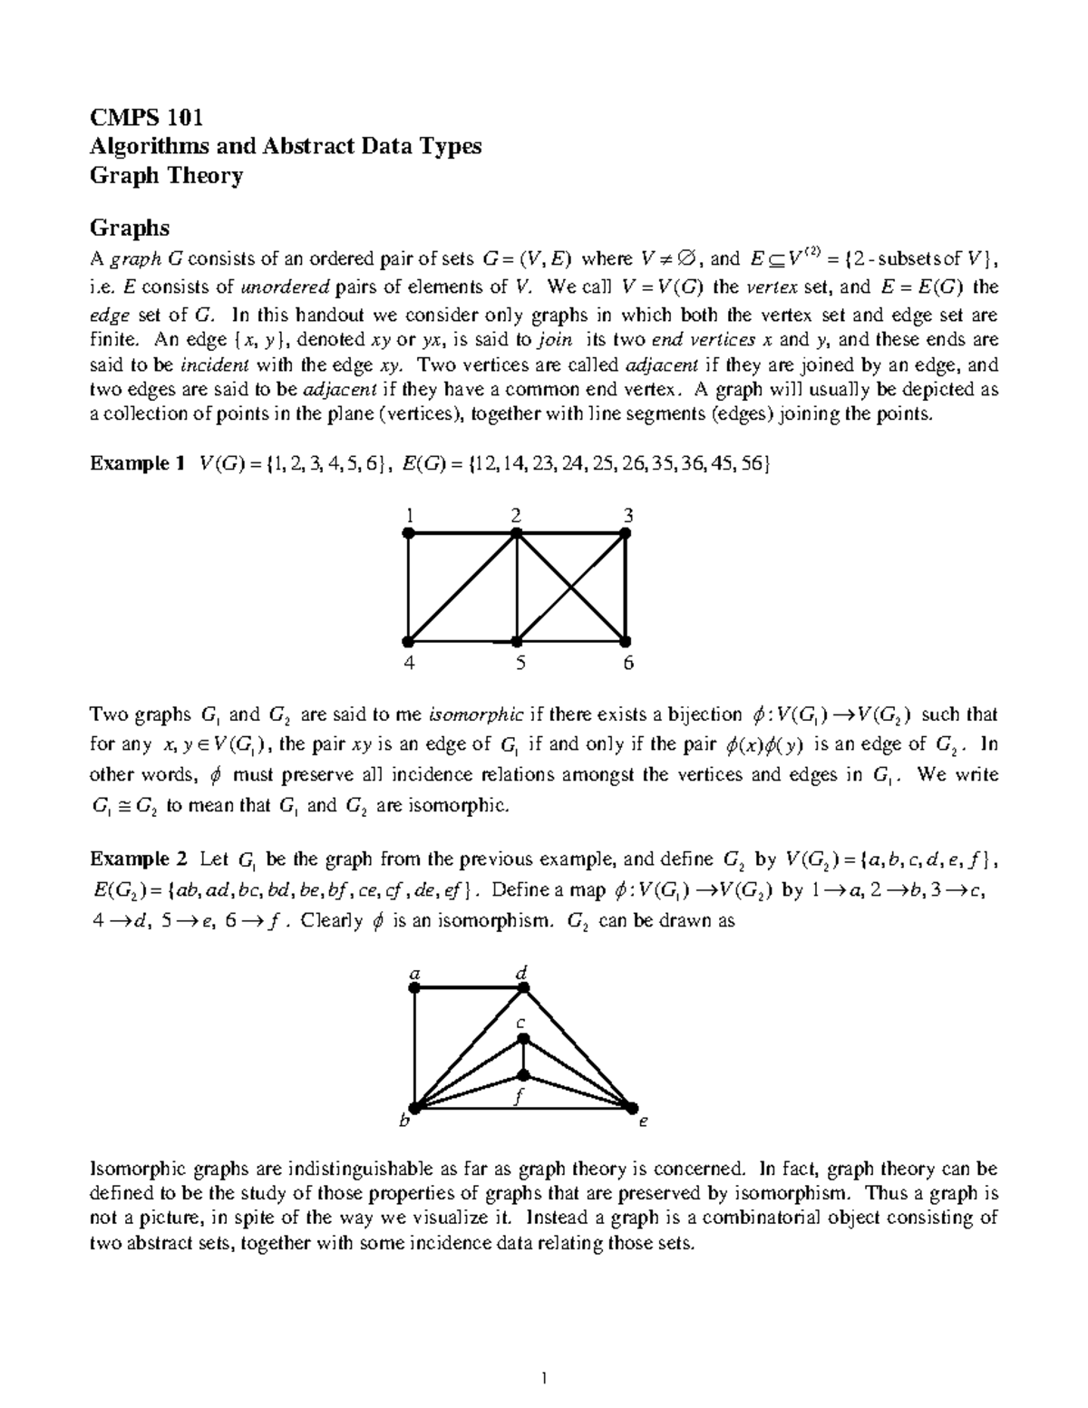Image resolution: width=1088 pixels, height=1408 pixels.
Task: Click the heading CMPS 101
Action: point(145,117)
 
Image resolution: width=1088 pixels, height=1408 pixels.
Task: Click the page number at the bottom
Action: point(544,1380)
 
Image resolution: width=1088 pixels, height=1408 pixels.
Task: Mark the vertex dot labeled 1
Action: point(409,535)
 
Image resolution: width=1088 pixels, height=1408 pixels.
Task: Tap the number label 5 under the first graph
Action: point(520,664)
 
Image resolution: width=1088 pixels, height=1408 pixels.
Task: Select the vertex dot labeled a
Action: point(415,991)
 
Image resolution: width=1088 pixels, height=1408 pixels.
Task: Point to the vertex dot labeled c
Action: point(522,1039)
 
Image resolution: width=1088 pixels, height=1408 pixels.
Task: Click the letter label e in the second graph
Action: point(643,1122)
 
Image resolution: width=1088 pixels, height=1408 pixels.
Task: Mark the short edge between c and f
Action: point(522,1057)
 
